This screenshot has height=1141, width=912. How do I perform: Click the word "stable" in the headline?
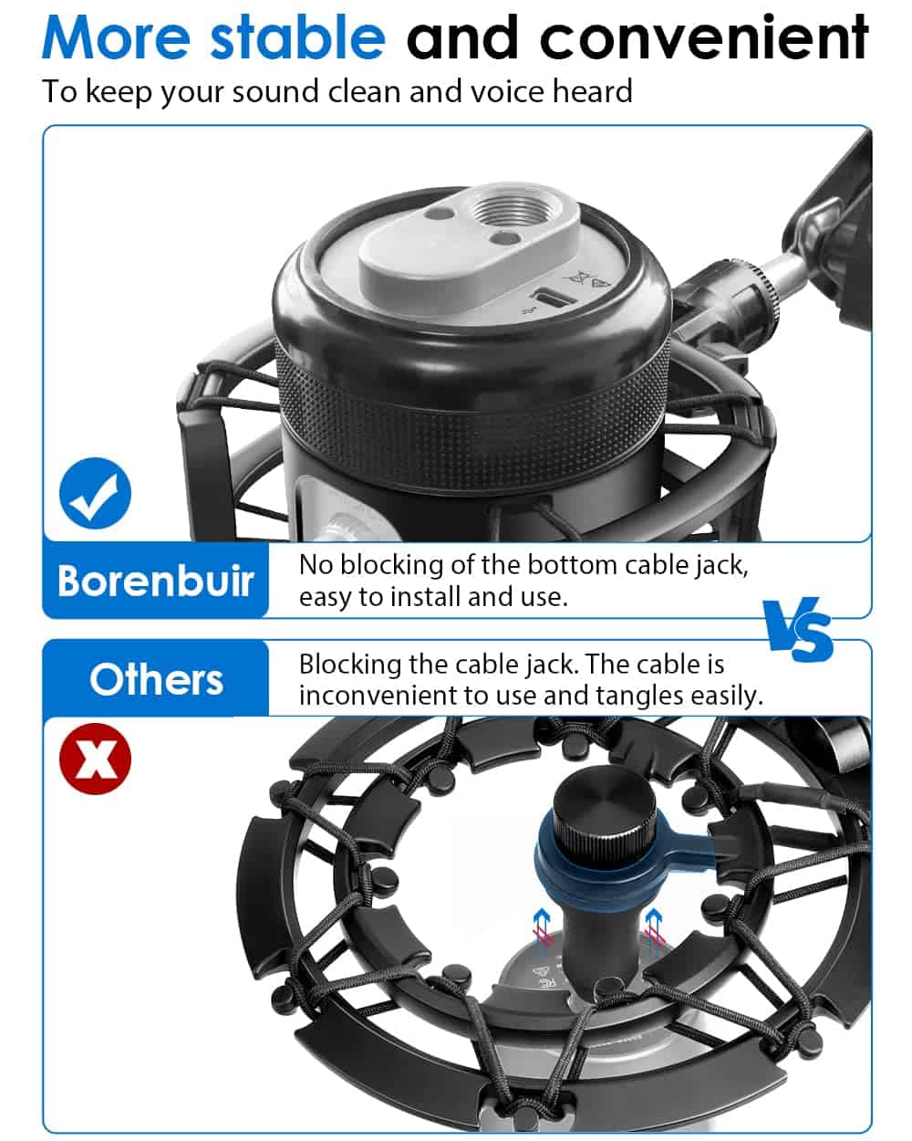(297, 38)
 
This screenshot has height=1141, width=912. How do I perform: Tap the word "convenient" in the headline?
(703, 37)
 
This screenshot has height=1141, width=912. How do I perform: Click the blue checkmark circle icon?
(96, 493)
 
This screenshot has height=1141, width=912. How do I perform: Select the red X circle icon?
(96, 759)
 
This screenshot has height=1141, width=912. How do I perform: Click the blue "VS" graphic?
(797, 629)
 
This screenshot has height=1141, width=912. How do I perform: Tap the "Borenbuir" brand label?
(155, 581)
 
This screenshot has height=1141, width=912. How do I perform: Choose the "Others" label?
(156, 679)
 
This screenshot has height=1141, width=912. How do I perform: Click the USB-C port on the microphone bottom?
(554, 297)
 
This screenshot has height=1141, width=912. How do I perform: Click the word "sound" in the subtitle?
(276, 91)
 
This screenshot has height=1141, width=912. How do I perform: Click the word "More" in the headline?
(117, 38)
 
